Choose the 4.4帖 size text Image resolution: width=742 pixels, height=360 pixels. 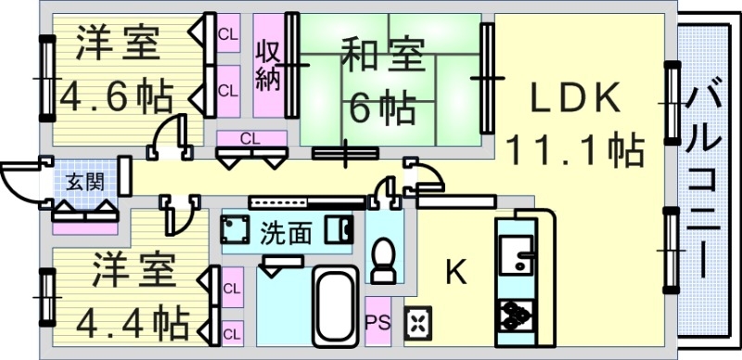point(121,322)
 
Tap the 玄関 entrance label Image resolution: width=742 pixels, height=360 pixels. point(84,180)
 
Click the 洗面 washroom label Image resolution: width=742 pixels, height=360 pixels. point(285,230)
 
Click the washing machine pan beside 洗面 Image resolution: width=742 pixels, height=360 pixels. point(236,229)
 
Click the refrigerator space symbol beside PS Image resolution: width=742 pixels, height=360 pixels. point(416,322)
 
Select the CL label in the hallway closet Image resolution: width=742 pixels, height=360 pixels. point(249,138)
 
